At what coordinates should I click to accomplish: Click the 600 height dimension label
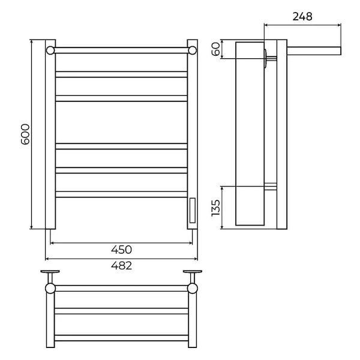coord(25,134)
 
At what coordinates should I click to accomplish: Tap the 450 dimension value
coord(121,250)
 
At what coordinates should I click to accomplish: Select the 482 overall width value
coord(121,266)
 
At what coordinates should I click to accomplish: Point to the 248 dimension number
coord(302,17)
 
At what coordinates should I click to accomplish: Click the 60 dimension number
coord(215,49)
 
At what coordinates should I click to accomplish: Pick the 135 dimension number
coord(215,208)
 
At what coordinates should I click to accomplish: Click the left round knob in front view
coord(50,50)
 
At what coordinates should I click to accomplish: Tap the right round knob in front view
coord(193,50)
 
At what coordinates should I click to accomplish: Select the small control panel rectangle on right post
coord(193,211)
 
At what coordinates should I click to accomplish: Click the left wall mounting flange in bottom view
coord(50,272)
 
